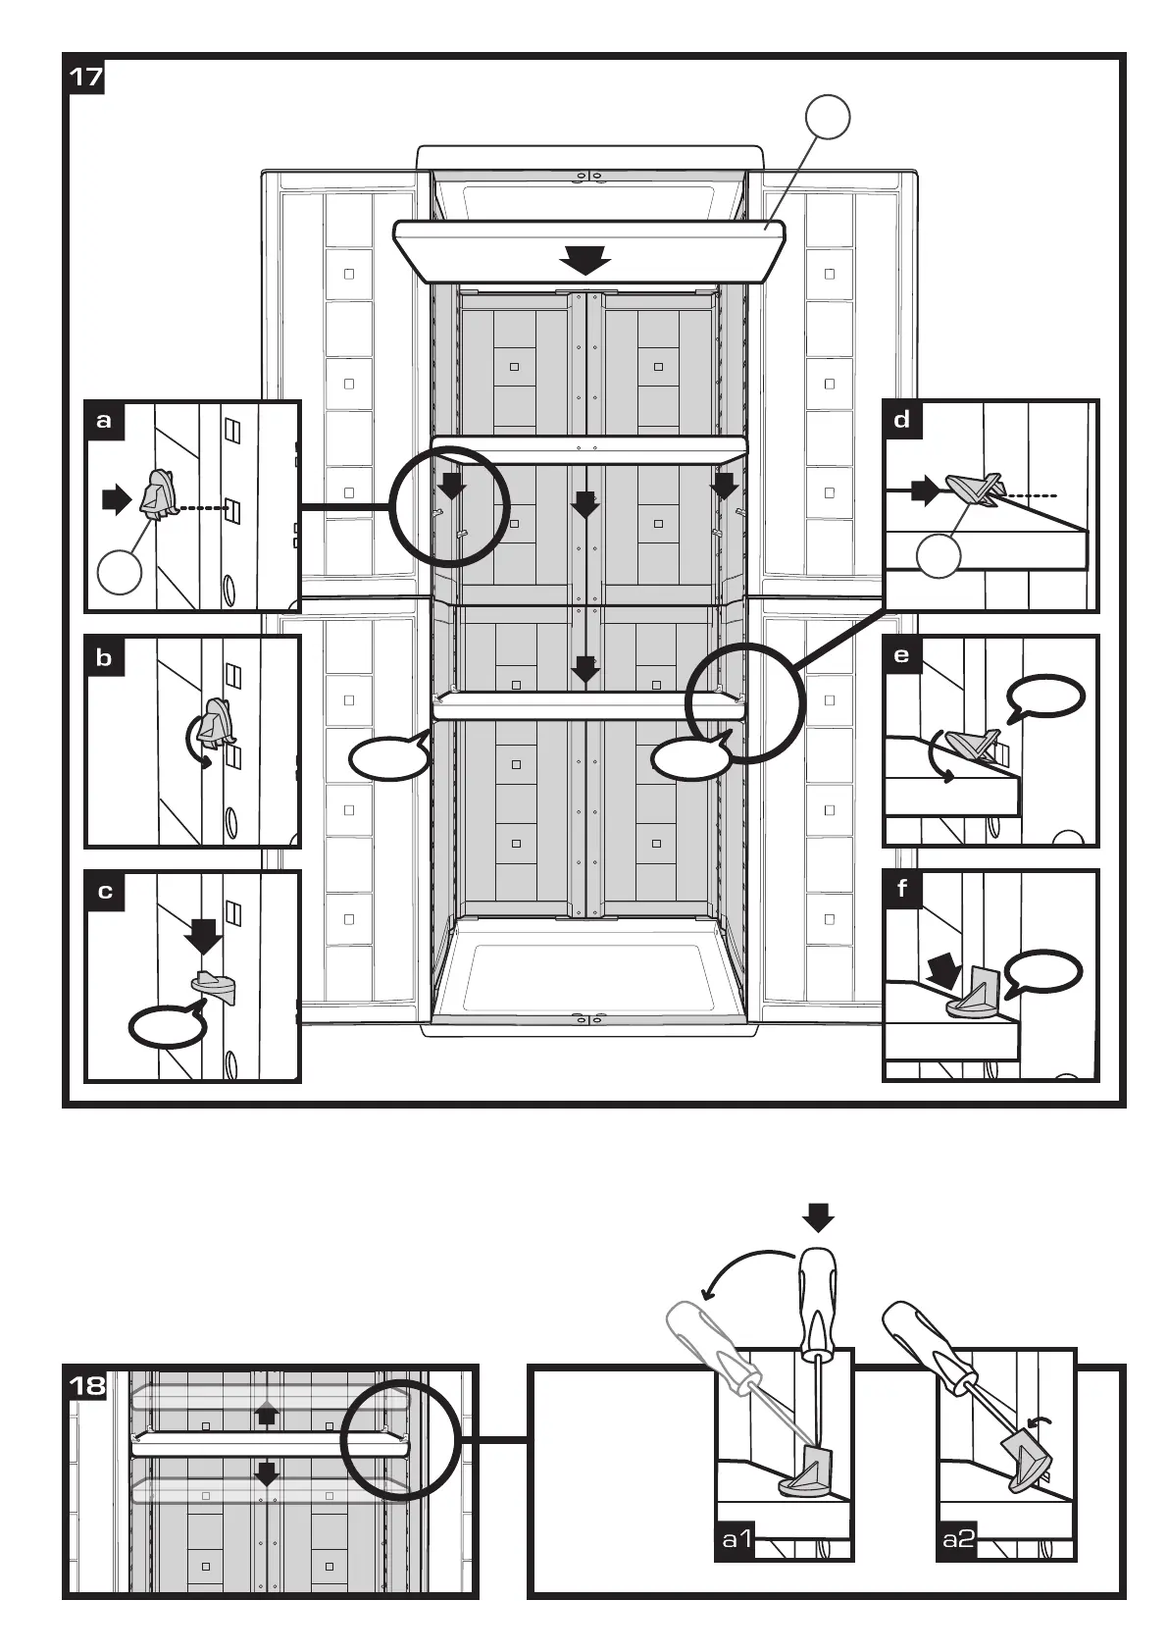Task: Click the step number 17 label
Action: tap(85, 77)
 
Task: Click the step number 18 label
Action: tap(86, 1385)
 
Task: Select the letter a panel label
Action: tap(104, 421)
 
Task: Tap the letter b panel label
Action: tap(104, 656)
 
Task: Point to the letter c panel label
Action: tap(104, 892)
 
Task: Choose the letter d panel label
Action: tap(902, 421)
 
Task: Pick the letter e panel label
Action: tap(902, 656)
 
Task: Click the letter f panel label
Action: tap(902, 890)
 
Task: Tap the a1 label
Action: tap(736, 1538)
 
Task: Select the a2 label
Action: tap(958, 1538)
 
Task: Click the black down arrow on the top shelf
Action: tap(586, 261)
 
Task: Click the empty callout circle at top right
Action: tap(827, 118)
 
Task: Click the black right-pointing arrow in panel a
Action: tap(117, 500)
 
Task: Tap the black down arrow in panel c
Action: tap(204, 936)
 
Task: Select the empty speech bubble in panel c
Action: tap(168, 1026)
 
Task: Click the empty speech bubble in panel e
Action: tap(1045, 697)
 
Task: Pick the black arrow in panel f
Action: tap(943, 971)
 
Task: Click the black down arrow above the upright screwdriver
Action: tap(819, 1218)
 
